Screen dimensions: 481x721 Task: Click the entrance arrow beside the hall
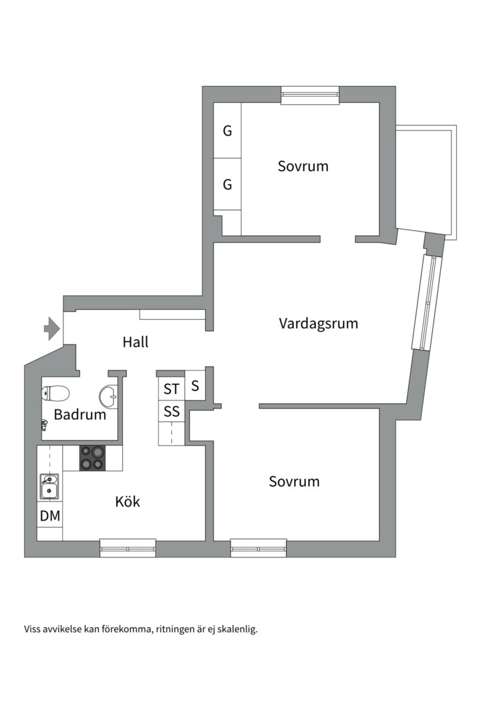52,328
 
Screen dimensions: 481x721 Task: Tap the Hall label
136,342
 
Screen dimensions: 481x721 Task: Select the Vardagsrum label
319,323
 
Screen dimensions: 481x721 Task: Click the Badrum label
80,415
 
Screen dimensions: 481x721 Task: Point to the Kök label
128,501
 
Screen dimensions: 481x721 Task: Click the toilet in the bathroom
55,393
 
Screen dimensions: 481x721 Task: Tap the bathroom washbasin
109,395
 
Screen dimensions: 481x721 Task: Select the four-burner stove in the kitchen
92,459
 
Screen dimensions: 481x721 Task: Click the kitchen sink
48,487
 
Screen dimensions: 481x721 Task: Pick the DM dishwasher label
50,516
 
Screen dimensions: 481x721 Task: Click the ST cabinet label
171,389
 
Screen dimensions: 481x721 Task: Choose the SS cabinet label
172,411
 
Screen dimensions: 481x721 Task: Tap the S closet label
195,386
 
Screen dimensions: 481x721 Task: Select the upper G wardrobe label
227,131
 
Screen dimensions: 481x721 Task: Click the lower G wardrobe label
227,184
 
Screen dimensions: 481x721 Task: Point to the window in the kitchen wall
128,548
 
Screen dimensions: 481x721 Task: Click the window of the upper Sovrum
310,95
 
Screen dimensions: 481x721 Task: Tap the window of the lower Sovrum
259,548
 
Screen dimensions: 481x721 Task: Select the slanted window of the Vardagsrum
426,302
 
